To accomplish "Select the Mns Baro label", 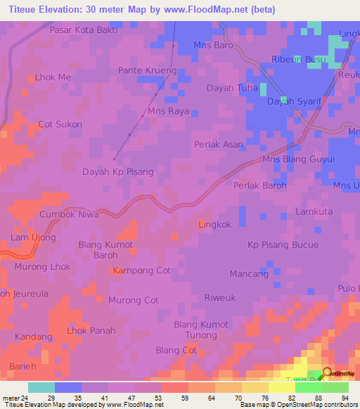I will tap(213, 46).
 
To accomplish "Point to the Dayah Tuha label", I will tap(231, 88).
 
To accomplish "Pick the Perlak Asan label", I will tap(218, 145).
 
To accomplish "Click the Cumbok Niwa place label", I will tap(69, 214).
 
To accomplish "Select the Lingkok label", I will tap(214, 225).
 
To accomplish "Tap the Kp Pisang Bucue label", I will tap(283, 245).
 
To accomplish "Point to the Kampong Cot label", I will tap(142, 271).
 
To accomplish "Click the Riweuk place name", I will tap(219, 297).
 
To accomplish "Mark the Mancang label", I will tap(249, 273).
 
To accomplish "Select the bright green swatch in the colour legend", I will tap(308, 387).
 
